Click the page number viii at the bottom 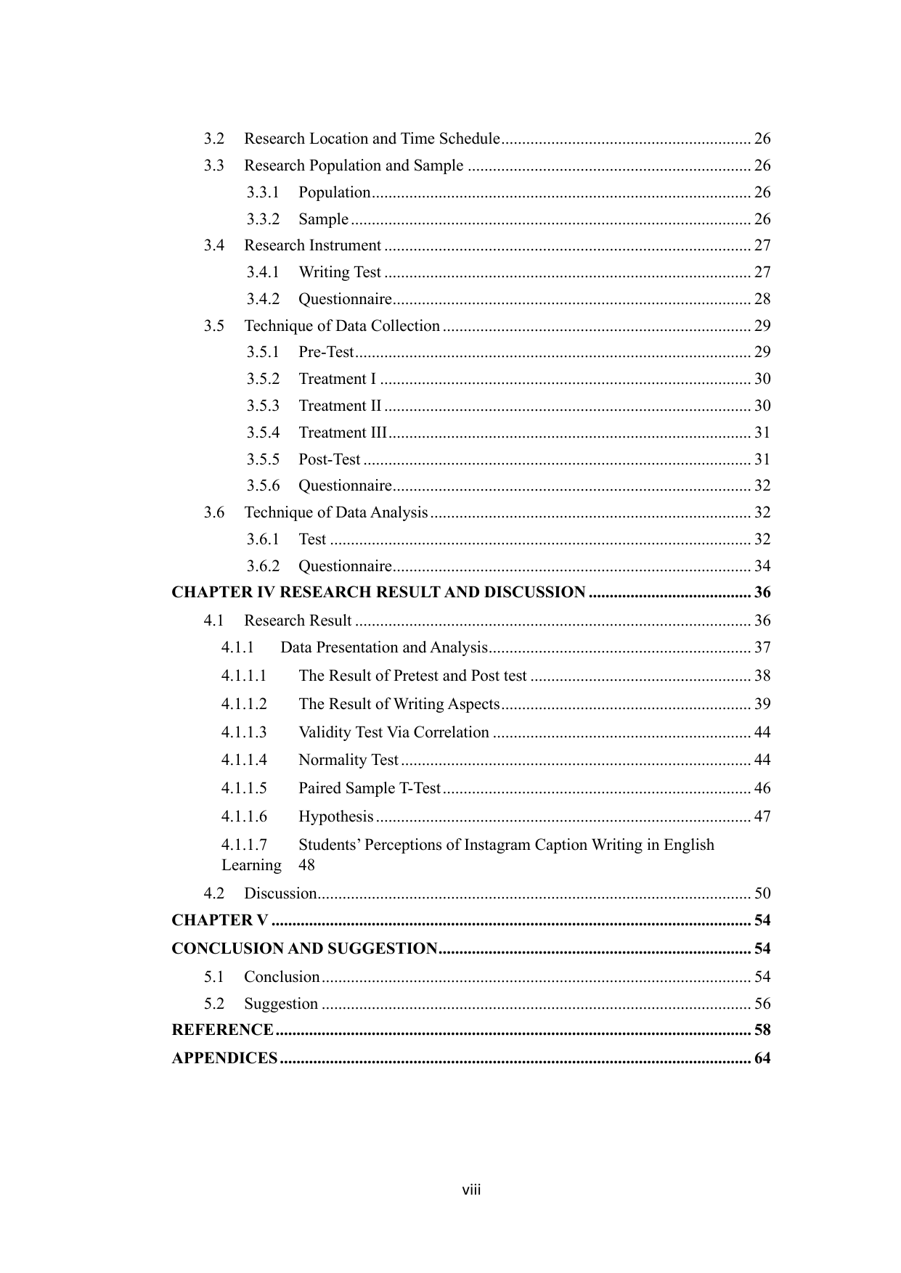coord(472,1190)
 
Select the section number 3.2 coord(213,139)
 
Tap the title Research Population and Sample coord(354,165)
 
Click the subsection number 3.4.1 coord(263,272)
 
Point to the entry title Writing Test coord(340,272)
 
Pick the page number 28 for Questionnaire coord(762,299)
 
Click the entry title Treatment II coord(340,406)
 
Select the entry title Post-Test coord(330,459)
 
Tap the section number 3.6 coord(213,512)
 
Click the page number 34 coord(762,566)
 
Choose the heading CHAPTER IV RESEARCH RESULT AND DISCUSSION coord(378,593)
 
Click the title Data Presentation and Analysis coord(383,647)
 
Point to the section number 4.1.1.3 coord(244,732)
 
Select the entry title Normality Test coord(348,760)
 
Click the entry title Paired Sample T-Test coord(370,788)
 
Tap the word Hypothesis coord(336,816)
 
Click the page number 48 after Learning coord(306,865)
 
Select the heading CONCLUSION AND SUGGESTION coord(304,949)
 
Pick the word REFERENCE coord(222,1030)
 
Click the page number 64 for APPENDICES coord(762,1058)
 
